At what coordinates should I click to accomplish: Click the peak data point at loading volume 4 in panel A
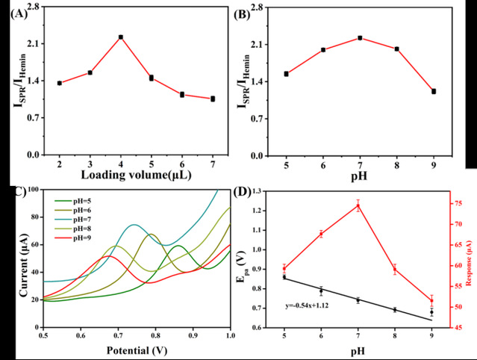120,37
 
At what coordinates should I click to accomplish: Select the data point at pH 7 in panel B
360,37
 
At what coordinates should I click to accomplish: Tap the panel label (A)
16,11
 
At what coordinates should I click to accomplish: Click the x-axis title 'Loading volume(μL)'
137,176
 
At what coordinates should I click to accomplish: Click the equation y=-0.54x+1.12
311,305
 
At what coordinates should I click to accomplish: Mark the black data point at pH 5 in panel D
284,277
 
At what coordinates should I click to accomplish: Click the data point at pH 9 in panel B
434,91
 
